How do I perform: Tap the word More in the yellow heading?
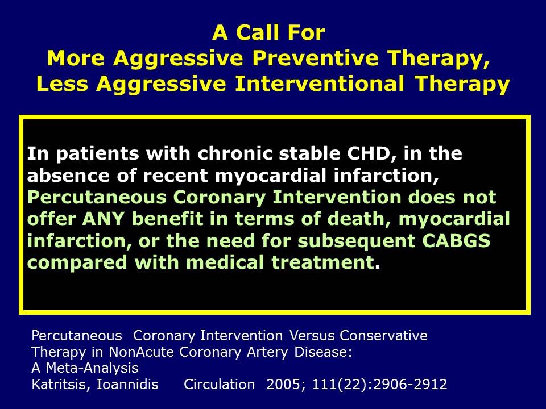[x=76, y=58]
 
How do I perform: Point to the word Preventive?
[x=315, y=58]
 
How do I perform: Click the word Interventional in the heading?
[x=320, y=84]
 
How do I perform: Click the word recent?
[x=175, y=176]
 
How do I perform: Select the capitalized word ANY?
[x=103, y=219]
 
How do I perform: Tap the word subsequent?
[x=357, y=241]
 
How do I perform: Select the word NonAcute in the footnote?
[x=141, y=352]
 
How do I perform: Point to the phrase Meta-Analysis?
[x=92, y=368]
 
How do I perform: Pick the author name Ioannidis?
[x=127, y=385]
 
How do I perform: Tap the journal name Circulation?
[x=219, y=385]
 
